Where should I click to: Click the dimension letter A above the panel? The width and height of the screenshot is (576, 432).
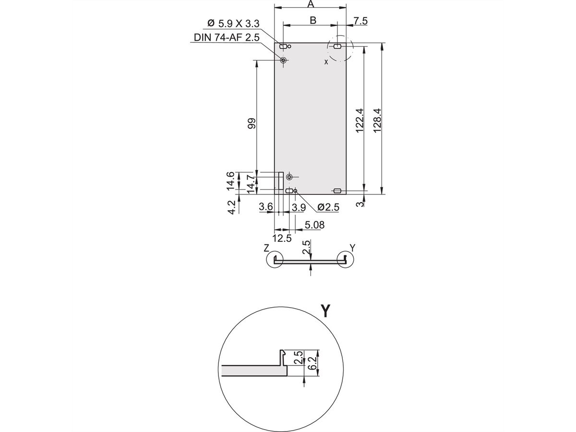click(311, 4)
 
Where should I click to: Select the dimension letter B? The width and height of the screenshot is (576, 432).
click(313, 20)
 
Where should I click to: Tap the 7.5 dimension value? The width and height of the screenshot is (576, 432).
click(360, 21)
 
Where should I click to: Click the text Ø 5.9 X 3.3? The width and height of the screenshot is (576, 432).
click(233, 24)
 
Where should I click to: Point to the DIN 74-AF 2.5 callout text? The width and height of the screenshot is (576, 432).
click(227, 37)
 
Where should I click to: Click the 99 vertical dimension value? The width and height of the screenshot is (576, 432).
click(252, 123)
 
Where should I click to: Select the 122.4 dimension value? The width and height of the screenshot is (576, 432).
click(360, 120)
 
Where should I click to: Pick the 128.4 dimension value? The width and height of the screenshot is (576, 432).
click(377, 120)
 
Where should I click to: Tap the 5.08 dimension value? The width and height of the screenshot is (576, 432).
click(314, 225)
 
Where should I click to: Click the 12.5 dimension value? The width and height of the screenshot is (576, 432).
click(282, 239)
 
